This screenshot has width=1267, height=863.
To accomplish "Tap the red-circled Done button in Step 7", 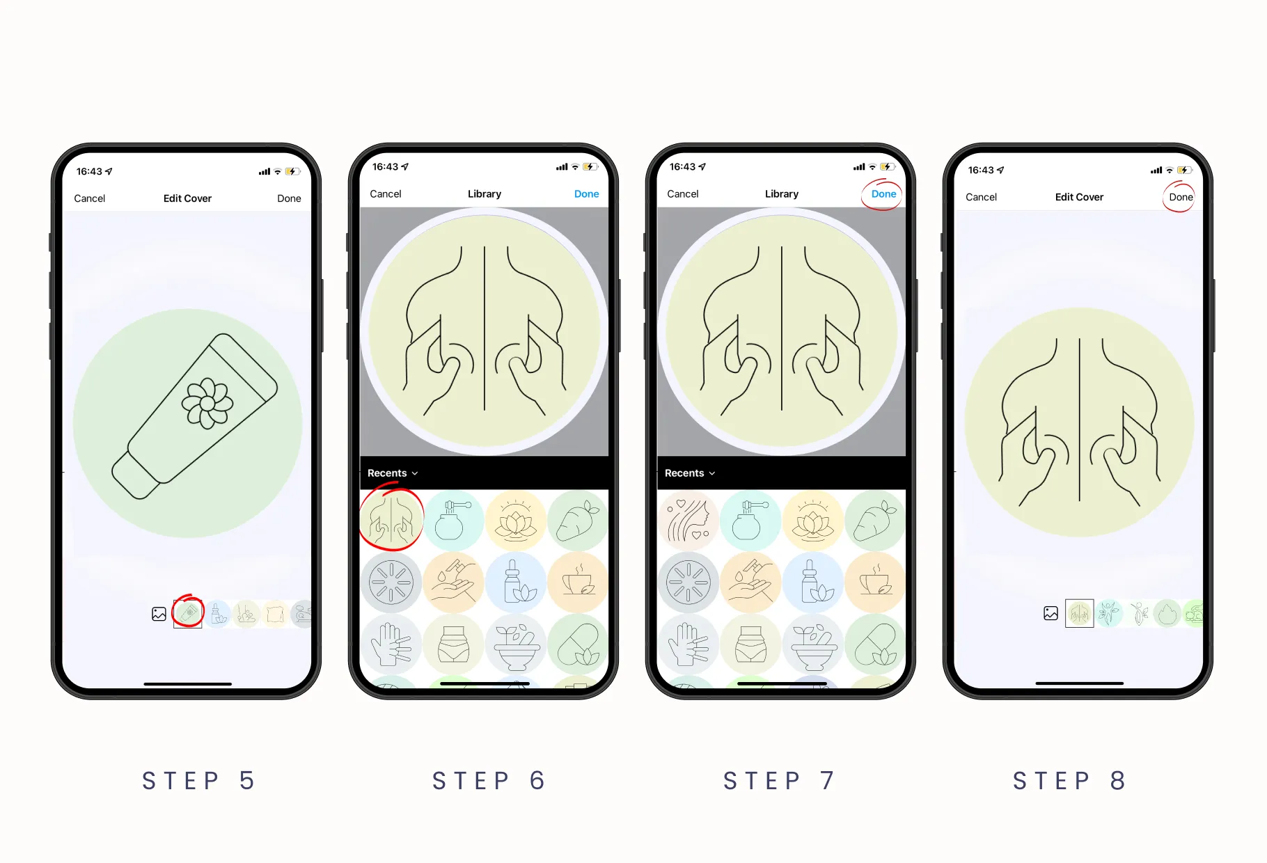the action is click(883, 194).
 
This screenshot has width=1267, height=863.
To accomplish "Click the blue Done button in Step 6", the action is click(586, 194).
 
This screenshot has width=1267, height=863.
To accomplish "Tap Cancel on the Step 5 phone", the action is click(90, 198).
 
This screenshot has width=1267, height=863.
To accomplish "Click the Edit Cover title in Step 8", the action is click(1079, 197).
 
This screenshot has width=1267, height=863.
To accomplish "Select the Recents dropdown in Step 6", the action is click(393, 473).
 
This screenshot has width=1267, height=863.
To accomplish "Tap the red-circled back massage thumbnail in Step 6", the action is click(391, 521).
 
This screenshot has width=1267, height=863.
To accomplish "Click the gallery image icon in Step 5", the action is click(159, 614).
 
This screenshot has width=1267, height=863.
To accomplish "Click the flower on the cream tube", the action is click(207, 403).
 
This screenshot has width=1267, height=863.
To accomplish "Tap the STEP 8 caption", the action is click(1069, 781).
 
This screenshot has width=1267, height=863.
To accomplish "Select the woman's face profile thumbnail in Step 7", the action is click(688, 521).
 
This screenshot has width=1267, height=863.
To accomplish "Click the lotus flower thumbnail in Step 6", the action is click(515, 521).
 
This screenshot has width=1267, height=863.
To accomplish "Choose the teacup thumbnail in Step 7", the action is click(875, 583).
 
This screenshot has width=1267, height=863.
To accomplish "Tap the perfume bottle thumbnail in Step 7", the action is click(750, 521).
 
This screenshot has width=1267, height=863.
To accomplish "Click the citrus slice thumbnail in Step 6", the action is click(391, 583).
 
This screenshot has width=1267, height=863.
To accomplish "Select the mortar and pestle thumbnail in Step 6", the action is click(515, 644).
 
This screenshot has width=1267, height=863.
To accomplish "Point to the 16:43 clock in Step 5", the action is click(89, 171).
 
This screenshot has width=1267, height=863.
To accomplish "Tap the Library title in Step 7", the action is click(782, 194).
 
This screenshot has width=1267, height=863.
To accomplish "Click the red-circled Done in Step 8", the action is click(1181, 197).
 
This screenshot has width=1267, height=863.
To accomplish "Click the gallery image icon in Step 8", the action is click(1051, 613).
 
